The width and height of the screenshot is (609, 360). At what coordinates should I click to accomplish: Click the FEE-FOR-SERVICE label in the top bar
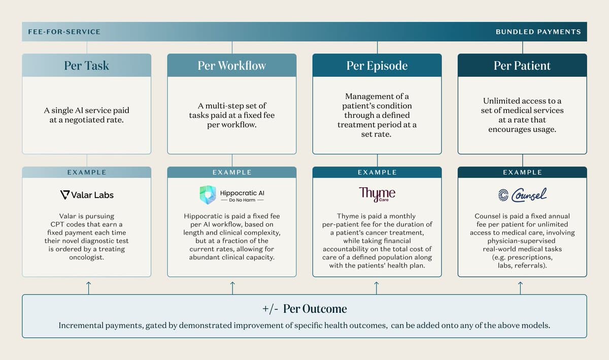(x=64, y=31)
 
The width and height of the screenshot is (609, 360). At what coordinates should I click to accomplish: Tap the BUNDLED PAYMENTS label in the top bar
(x=538, y=31)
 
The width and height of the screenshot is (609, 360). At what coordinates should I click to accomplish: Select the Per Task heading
(x=87, y=66)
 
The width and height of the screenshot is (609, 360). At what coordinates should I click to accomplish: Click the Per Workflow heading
(x=232, y=66)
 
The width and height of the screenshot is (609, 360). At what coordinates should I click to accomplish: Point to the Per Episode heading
(x=377, y=66)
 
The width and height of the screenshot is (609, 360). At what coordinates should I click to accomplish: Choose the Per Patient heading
(x=522, y=66)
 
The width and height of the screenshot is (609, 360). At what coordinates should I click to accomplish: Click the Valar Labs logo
(x=87, y=194)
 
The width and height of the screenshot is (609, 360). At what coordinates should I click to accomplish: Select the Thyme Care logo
(x=377, y=194)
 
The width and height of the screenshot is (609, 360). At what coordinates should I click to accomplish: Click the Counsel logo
(x=522, y=194)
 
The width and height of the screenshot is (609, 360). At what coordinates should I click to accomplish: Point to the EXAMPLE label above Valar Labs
(x=87, y=172)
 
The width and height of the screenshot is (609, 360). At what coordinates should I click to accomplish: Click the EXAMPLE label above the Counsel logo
(x=522, y=172)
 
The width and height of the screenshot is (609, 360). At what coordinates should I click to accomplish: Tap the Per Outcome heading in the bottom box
(x=315, y=309)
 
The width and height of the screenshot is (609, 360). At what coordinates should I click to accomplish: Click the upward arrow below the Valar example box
(x=89, y=287)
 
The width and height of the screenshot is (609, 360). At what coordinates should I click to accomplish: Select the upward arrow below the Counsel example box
(x=521, y=287)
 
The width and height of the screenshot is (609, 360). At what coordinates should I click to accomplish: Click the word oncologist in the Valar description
(x=87, y=257)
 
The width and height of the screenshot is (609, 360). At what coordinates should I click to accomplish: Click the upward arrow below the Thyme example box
(x=377, y=287)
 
